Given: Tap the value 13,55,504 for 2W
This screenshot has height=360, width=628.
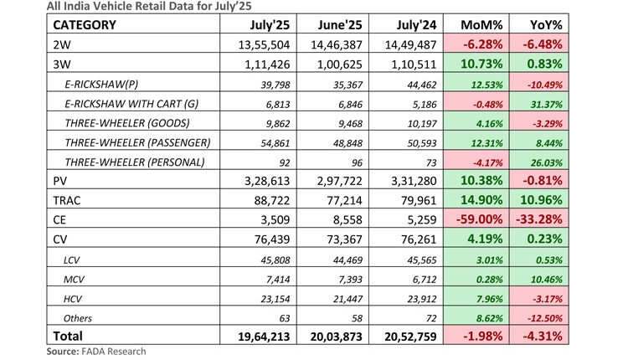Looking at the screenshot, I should pos(265,44).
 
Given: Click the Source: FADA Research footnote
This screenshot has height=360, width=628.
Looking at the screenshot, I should pos(95,352).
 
